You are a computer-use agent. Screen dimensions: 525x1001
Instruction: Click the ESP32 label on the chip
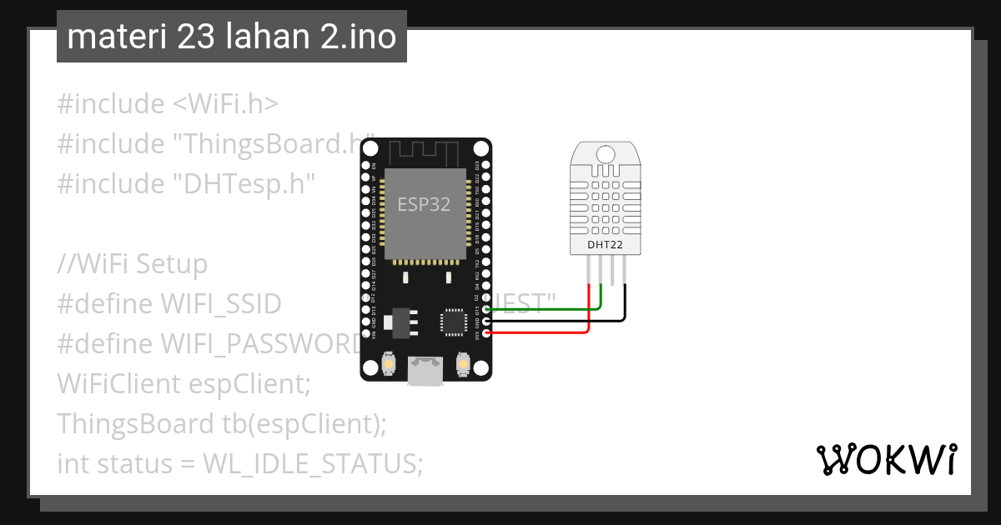[x=424, y=204]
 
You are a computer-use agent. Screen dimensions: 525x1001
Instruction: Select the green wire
[x=542, y=309]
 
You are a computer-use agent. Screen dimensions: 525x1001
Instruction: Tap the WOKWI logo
[x=887, y=459]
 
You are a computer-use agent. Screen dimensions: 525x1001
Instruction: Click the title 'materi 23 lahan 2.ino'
[x=231, y=37]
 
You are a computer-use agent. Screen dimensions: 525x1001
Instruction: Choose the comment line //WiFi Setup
[x=132, y=264]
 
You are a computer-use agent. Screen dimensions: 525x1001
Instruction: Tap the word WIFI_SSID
[x=220, y=304]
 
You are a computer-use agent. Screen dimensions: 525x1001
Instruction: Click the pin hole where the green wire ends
[x=486, y=309]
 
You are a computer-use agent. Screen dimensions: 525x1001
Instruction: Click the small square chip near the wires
[x=454, y=321]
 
